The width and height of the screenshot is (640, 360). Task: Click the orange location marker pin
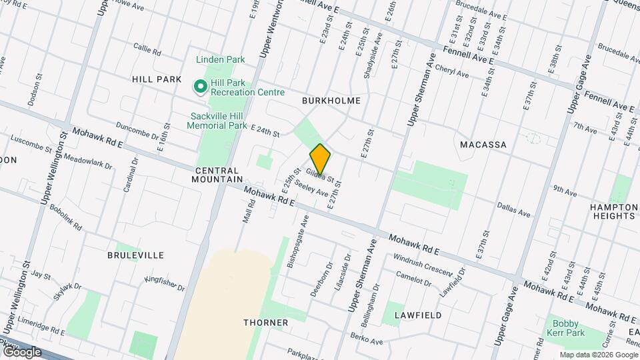[320, 159]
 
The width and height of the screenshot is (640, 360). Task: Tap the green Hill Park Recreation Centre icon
[199, 87]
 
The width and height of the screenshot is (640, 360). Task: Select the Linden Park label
[221, 60]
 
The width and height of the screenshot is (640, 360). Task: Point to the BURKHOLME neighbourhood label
[331, 101]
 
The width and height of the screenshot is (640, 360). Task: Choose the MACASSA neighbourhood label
[483, 145]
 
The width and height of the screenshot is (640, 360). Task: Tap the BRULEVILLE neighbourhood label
[135, 255]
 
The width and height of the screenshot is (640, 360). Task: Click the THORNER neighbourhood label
[266, 323]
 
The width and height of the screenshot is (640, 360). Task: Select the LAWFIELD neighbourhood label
[418, 315]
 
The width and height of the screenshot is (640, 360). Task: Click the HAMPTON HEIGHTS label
[613, 211]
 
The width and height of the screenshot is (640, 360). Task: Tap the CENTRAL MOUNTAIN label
[217, 175]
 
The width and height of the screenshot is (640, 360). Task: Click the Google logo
[21, 351]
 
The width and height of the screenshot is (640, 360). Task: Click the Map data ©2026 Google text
[598, 355]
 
